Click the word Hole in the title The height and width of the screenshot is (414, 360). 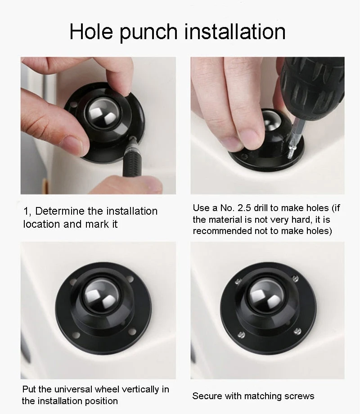coord(91,31)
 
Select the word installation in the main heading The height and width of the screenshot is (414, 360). coord(235,31)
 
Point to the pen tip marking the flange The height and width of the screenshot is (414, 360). coord(132,139)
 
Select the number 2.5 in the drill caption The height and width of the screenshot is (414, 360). coord(244,208)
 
